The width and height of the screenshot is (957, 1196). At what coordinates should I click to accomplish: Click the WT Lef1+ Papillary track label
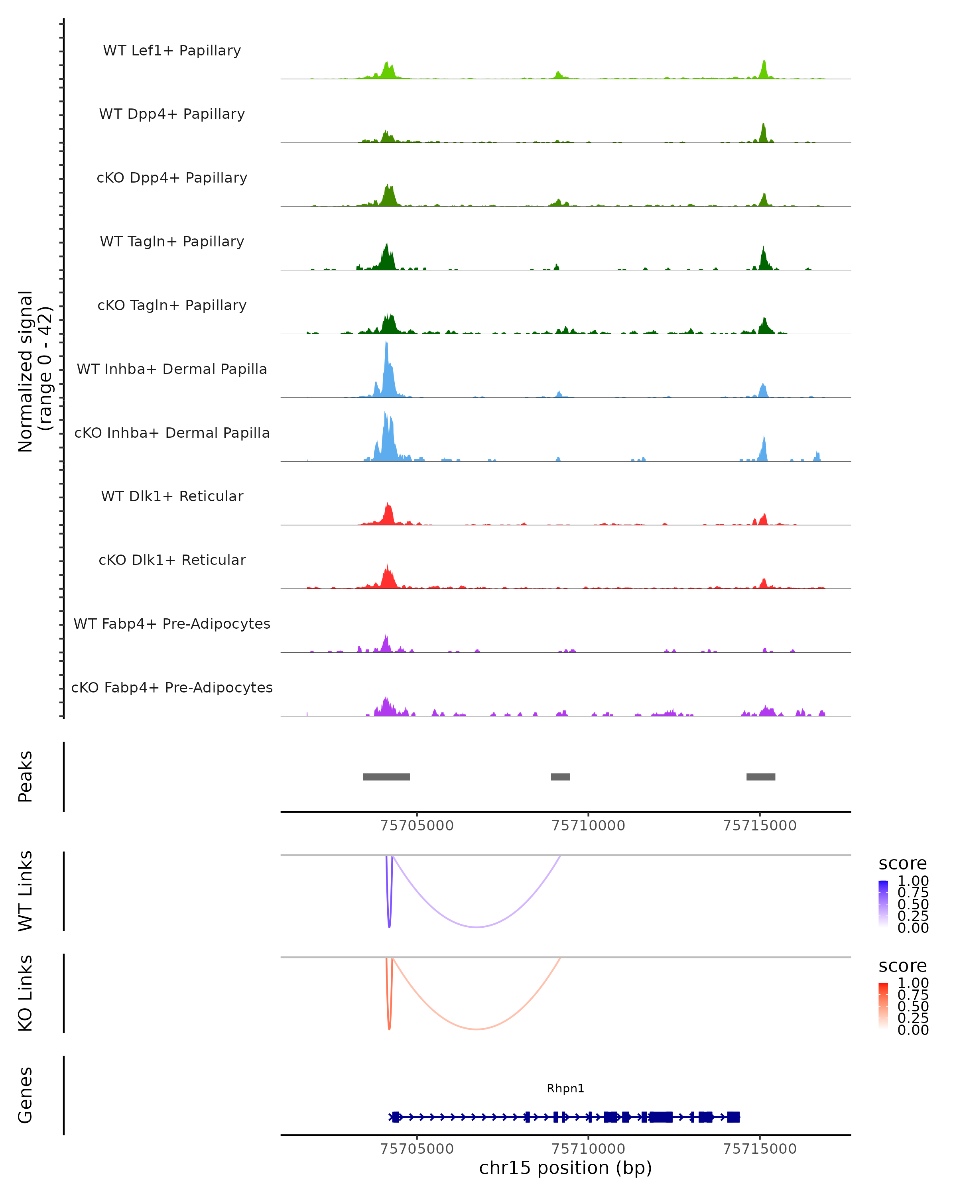coord(172,51)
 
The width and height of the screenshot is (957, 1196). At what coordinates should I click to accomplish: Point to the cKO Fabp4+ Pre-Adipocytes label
coord(172,687)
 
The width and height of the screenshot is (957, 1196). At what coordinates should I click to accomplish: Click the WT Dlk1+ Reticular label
coord(172,496)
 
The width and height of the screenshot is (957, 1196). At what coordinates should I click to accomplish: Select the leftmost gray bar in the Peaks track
coord(386,777)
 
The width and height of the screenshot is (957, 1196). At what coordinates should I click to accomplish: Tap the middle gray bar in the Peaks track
coord(560,777)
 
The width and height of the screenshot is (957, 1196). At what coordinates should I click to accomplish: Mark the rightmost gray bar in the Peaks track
coord(760,777)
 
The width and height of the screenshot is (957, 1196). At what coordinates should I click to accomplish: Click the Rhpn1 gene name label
coord(565,1088)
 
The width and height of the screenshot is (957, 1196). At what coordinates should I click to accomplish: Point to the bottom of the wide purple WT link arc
coord(477,927)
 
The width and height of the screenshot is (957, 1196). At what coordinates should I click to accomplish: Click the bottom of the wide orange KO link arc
coord(477,1029)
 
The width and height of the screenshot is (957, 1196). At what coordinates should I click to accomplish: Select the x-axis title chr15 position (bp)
coord(565,1168)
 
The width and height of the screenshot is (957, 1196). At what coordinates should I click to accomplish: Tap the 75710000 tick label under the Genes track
coord(588,1149)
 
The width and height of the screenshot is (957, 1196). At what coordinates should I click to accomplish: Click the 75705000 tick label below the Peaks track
coord(417,826)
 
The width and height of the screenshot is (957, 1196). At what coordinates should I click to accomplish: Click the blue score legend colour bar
coord(883,904)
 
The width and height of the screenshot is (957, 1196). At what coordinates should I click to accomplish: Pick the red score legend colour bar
coord(883,1006)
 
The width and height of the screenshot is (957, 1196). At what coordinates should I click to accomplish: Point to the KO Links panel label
coord(26,993)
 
